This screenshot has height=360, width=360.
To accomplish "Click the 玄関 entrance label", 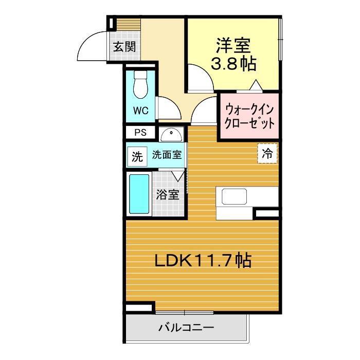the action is (x=124, y=47).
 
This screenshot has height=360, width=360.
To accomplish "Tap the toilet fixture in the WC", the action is (x=140, y=84).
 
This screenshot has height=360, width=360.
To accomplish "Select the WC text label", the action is (x=141, y=111).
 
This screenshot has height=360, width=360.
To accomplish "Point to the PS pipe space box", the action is (x=140, y=133).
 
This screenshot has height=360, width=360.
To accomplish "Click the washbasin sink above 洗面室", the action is (x=171, y=135).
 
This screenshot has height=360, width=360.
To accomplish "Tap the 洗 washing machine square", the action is (x=137, y=156).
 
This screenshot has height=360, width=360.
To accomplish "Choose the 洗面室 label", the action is (x=167, y=155).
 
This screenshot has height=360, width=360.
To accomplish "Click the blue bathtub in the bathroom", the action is (x=139, y=194).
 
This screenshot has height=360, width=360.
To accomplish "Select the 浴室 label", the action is (x=168, y=195).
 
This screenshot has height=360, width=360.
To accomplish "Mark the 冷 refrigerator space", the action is (x=267, y=153).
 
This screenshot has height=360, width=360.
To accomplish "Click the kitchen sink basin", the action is (x=234, y=196).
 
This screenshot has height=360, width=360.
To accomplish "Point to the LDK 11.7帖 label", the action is (x=203, y=260).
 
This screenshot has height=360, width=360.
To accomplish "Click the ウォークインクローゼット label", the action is (x=249, y=117).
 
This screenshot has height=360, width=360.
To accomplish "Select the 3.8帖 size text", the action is (x=233, y=64).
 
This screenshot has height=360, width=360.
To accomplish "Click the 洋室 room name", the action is (x=233, y=46).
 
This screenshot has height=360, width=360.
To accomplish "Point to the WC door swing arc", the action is (x=173, y=103).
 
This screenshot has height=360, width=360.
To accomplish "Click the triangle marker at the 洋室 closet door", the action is (x=256, y=85).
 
